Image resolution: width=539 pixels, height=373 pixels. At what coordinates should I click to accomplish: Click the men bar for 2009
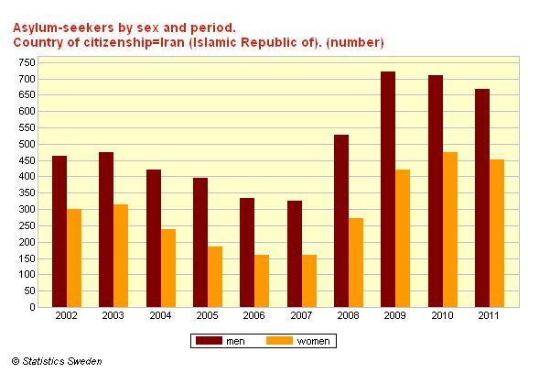pos(388,189)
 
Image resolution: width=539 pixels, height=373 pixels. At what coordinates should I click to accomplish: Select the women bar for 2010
pos(450,229)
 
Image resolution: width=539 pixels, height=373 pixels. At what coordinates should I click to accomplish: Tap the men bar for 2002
pos(59,232)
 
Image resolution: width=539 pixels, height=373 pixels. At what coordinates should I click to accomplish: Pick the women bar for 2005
pos(215,277)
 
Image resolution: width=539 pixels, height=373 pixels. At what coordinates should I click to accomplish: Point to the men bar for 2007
pos(295,254)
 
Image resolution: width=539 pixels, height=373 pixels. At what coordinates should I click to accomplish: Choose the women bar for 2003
pos(121,256)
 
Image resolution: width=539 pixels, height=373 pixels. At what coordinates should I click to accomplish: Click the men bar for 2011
pos(482,198)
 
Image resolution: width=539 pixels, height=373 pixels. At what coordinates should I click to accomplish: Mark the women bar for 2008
pos(356,262)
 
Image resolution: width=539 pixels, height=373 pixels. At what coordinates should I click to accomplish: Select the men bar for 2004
pos(154,238)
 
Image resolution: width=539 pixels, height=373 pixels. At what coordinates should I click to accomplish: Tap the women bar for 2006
pos(262,281)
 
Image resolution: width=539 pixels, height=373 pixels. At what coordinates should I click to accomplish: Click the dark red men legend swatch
pos(209,341)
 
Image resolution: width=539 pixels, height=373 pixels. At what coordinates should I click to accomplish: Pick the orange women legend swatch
pos(279,341)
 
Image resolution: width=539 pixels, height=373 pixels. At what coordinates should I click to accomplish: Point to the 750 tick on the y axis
pos(27,62)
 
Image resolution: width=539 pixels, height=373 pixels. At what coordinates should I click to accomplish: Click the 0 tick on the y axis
pos(32,307)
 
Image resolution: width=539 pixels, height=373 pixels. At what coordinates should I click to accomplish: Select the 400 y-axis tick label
pos(27,176)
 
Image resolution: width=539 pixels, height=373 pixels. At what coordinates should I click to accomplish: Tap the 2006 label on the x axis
pos(253,315)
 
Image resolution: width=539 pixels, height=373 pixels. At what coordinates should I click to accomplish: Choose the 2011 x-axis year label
pos(488,315)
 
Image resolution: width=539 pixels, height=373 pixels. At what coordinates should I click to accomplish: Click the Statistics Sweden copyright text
pos(57,361)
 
